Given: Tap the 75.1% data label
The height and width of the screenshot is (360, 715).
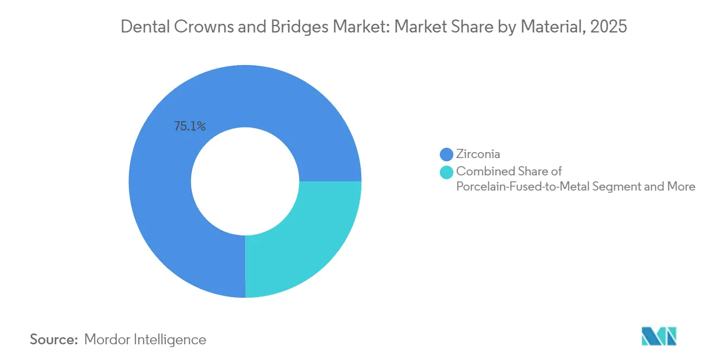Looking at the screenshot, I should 190,126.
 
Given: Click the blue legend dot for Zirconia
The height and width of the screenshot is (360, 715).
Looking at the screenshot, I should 447,154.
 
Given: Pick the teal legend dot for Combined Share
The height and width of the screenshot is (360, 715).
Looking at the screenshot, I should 447,172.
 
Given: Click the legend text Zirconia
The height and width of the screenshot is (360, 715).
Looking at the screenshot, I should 478,154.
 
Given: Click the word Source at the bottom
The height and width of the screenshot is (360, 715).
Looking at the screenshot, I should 54,339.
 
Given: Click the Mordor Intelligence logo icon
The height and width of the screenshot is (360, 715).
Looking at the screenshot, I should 659,336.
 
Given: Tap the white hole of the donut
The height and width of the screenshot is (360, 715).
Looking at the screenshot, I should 245,181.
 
